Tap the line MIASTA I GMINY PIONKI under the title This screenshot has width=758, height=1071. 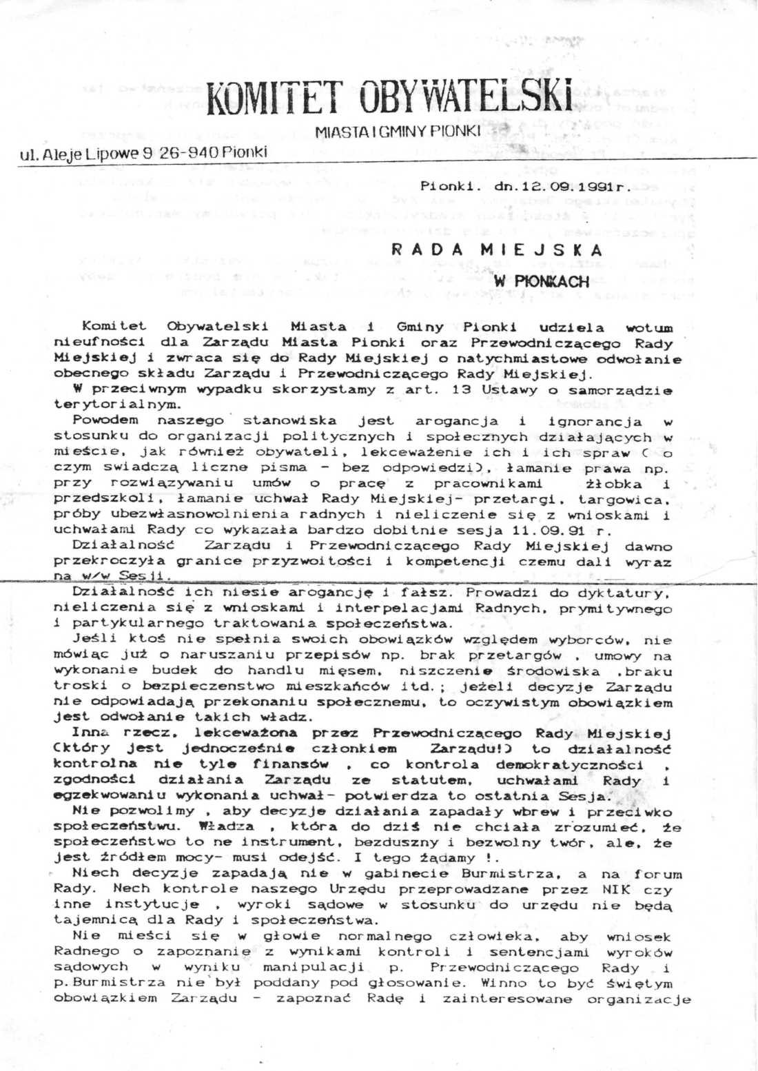point(397,131)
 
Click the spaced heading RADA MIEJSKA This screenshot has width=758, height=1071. point(497,249)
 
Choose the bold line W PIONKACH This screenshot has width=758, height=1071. point(542,281)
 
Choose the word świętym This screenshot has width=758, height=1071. point(624,983)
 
